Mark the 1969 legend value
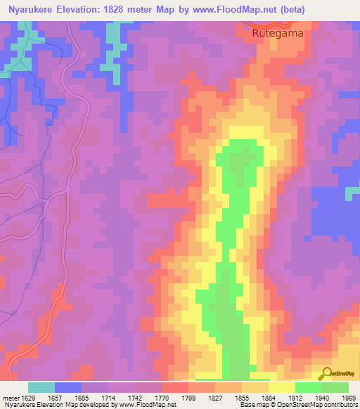[x=347, y=398]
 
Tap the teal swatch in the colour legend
[x=41, y=387]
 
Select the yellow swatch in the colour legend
[x=282, y=387]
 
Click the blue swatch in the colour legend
[x=68, y=387]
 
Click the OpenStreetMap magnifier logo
[x=326, y=373]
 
